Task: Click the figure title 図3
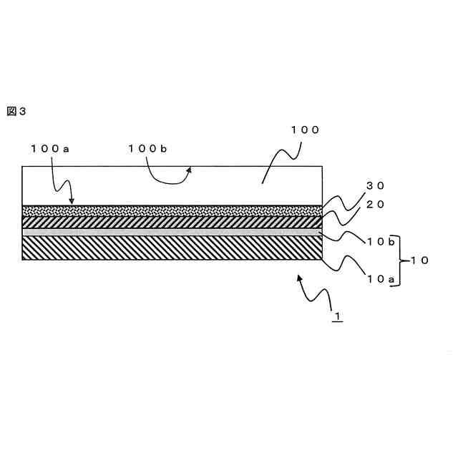[16, 111]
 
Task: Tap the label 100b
[147, 148]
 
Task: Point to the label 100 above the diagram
[304, 130]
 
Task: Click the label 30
[375, 185]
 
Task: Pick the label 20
[375, 204]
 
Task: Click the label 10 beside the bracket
[418, 261]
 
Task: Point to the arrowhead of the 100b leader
[190, 170]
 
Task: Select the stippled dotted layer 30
[172, 211]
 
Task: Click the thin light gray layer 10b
[172, 232]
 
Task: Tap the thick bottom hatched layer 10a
[172, 248]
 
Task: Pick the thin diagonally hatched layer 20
[172, 222]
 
